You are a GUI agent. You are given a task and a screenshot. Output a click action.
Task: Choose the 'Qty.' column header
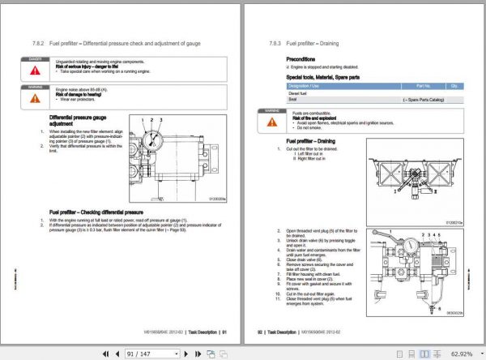tap(455, 84)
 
